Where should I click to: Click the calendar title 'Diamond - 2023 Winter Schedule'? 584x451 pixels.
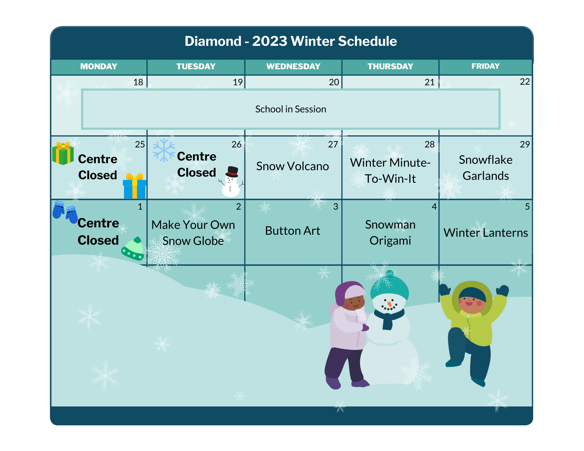291,41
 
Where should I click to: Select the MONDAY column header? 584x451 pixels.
99,67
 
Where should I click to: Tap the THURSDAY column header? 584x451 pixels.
390,67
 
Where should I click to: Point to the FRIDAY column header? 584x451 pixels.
485,66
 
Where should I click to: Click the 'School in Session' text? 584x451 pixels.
291,109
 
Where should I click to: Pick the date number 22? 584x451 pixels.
525,82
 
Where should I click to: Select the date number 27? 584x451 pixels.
333,144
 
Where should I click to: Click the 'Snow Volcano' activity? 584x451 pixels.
293,166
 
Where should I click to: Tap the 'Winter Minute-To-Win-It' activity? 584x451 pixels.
390,170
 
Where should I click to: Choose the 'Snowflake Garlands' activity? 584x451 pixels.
486,168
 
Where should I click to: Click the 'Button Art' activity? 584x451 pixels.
293,231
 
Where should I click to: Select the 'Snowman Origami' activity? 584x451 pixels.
390,232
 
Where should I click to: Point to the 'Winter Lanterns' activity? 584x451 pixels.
486,233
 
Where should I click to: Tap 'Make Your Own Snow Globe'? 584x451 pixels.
193,233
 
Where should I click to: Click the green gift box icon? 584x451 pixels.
63,153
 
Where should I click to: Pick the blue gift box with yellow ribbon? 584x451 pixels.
135,186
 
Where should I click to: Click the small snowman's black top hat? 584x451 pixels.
232,172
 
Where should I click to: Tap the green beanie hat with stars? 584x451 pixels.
133,248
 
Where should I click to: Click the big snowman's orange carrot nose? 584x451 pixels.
389,304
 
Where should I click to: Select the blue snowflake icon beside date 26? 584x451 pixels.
164,150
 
